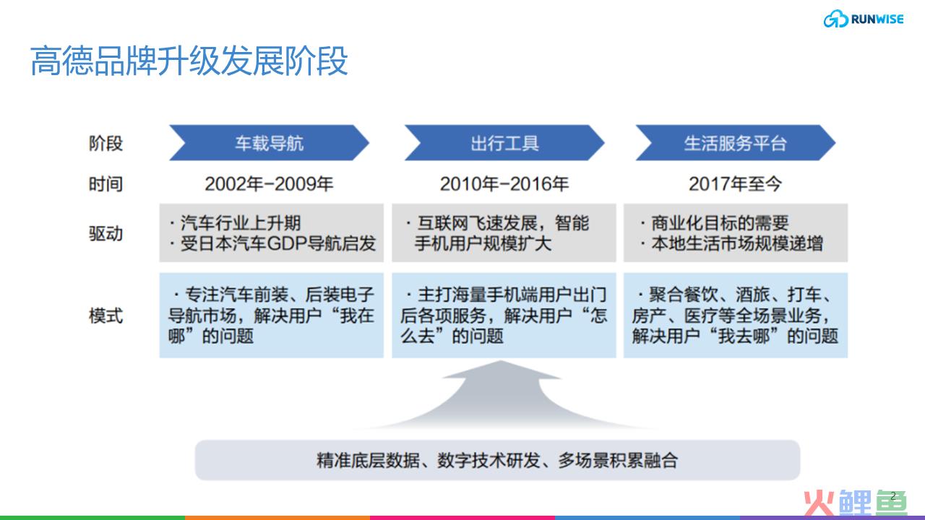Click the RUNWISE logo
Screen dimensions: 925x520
coord(864,19)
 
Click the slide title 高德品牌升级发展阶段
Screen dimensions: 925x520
coord(189,61)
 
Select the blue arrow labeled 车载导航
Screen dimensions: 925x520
coord(270,143)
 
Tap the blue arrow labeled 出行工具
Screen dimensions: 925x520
coord(504,143)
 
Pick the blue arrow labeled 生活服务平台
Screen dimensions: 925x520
coord(736,143)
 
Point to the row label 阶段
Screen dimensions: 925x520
coord(106,143)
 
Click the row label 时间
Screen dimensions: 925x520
coord(106,183)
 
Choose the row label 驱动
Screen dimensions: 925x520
coord(106,233)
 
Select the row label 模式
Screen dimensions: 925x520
coord(106,316)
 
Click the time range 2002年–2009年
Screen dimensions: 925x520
coord(270,183)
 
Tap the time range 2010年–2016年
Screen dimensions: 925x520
coord(504,183)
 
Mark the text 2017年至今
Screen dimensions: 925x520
coord(736,183)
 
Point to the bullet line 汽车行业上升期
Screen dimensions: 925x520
coord(236,223)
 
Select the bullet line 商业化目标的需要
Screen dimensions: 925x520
coord(715,223)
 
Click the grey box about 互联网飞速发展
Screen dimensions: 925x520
coord(504,233)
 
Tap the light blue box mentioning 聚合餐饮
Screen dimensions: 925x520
coord(736,316)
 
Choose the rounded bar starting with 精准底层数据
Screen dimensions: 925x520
coord(498,460)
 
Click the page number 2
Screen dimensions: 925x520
coord(893,495)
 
